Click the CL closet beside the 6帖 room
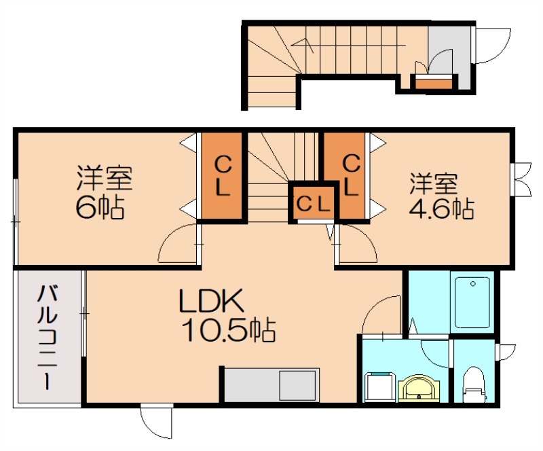tap(222, 176)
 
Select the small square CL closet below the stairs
tap(314, 202)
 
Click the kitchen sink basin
tap(299, 386)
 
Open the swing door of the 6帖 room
tap(178, 246)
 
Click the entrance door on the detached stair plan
tap(493, 46)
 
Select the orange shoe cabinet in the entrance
tap(433, 84)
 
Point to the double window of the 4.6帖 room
tap(522, 179)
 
